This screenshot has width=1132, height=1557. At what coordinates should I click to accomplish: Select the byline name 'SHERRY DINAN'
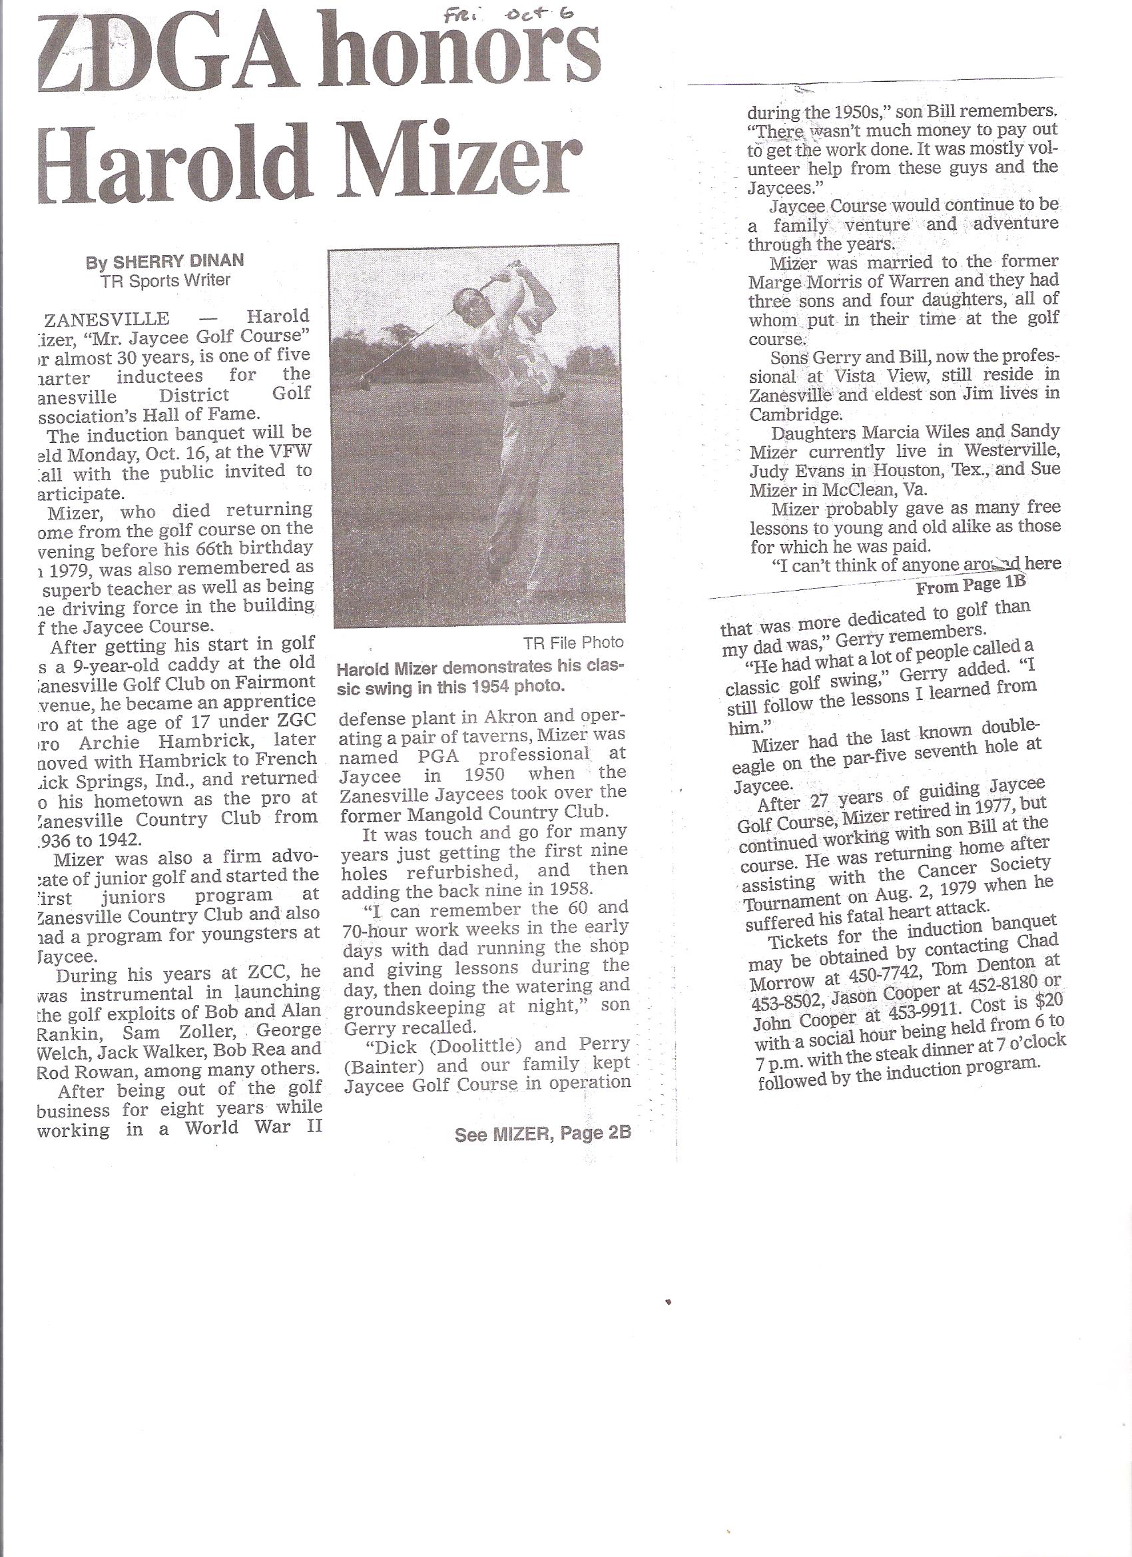point(178,262)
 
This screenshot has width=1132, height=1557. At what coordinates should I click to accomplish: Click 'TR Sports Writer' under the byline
point(165,280)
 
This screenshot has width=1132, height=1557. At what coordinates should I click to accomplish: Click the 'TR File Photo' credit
point(573,643)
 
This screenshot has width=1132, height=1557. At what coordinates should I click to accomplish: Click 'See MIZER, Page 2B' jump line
point(542,1135)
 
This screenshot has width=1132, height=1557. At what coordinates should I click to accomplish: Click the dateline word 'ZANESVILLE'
point(107,318)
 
